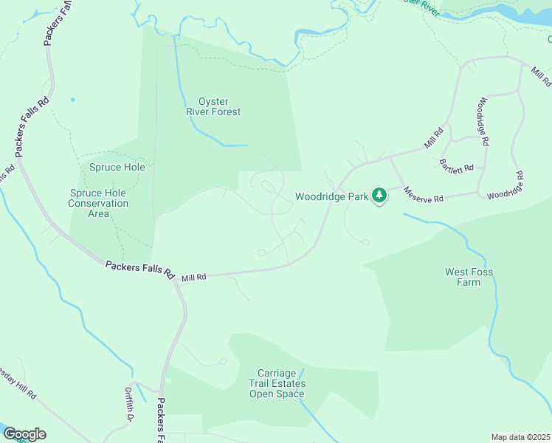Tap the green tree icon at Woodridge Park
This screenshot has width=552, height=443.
click(379, 196)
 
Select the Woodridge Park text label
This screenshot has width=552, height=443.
click(331, 196)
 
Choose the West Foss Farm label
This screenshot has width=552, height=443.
click(469, 277)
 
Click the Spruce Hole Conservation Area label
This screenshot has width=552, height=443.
click(98, 203)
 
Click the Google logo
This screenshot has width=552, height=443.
click(24, 434)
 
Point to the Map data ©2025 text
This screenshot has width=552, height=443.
click(520, 437)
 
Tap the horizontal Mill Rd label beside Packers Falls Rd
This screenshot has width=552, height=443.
click(193, 277)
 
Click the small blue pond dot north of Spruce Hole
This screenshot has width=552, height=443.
click(72, 99)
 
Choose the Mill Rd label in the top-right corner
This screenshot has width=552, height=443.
click(542, 76)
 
